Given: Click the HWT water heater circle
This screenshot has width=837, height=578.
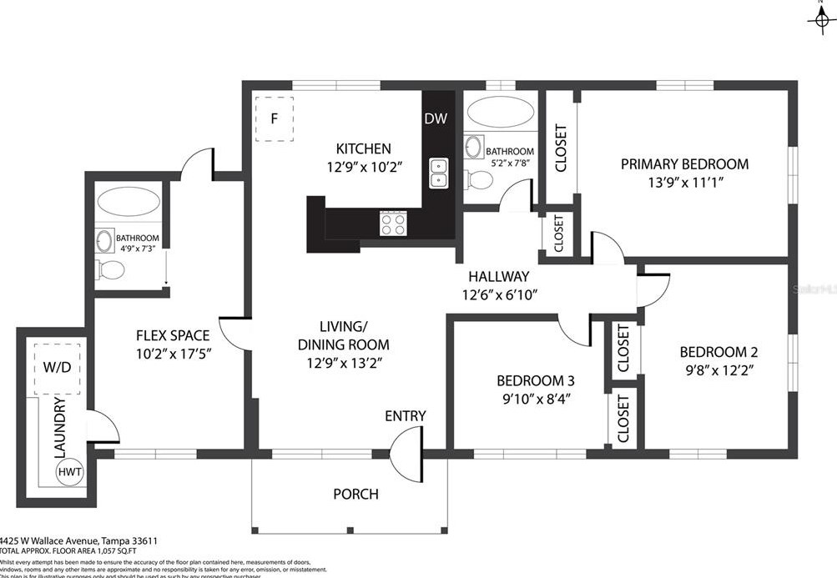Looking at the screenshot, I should (x=70, y=473).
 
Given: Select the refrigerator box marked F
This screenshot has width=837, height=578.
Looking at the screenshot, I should (x=273, y=118).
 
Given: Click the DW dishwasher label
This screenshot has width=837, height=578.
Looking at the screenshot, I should (x=435, y=118).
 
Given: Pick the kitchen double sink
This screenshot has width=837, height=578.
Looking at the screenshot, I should (x=437, y=172).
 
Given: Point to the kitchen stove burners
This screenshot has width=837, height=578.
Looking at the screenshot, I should (x=393, y=223).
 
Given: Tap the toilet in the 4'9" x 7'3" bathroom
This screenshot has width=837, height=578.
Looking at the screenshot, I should (x=109, y=269).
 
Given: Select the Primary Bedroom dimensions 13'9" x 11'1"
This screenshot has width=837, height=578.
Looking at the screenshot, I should (x=684, y=183).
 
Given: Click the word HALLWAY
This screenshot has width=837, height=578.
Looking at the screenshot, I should (x=498, y=276).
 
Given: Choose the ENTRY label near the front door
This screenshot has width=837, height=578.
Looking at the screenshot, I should (x=406, y=416).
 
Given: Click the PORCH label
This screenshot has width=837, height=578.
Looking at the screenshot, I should (x=355, y=494).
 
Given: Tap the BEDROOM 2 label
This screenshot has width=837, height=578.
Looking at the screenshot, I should (x=719, y=351).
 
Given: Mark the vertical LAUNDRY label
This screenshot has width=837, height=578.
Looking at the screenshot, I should (x=59, y=428).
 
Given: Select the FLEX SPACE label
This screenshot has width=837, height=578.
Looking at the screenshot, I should (x=173, y=335).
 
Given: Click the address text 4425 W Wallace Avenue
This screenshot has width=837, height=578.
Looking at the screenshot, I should (x=50, y=540).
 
